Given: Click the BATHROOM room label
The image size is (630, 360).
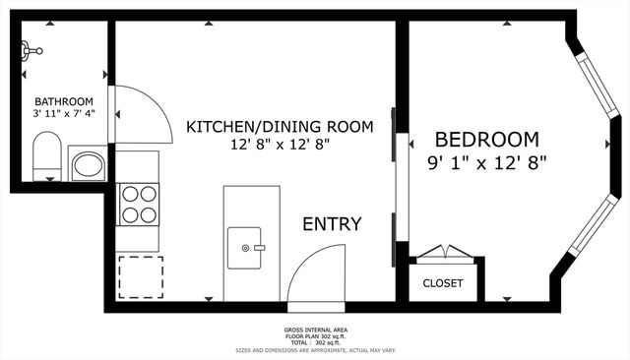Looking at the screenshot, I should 64,101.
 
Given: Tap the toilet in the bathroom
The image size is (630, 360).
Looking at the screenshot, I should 45,159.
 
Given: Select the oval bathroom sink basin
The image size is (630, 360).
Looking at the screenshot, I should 89,164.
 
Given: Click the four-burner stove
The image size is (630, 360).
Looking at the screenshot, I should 139,204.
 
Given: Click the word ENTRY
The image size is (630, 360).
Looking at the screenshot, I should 332,224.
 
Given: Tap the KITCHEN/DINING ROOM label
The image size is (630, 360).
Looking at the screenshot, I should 280,126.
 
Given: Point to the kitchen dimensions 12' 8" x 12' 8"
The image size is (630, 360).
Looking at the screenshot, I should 280,145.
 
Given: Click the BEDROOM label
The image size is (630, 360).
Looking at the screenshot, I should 486,140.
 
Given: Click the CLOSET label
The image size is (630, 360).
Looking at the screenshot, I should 442,283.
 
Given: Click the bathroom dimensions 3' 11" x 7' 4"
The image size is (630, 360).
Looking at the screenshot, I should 64,114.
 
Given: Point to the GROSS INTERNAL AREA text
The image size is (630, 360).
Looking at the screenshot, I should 314,330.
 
